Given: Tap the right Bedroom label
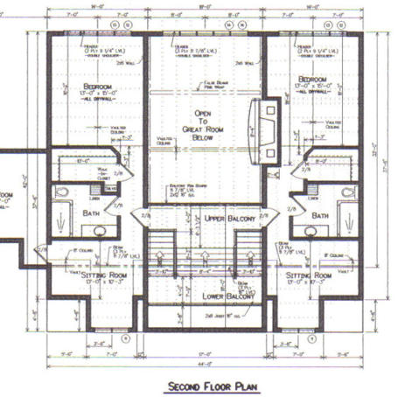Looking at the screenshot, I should (x=315, y=79).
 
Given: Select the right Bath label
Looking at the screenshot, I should (x=321, y=215).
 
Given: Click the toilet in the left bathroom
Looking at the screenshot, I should (x=62, y=191).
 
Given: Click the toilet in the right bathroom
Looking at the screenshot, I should (x=348, y=191).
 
